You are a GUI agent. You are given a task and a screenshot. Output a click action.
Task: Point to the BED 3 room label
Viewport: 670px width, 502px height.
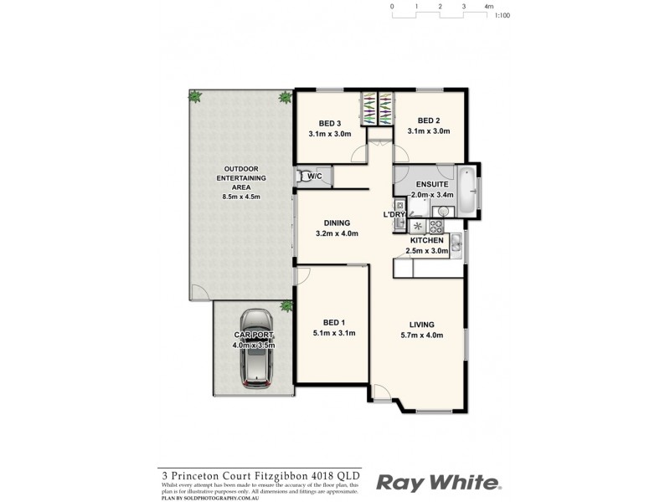coord(329,123)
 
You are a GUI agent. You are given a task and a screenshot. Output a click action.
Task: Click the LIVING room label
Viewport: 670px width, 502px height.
coord(420,325)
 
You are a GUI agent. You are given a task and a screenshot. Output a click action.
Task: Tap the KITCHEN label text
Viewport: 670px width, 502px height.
coord(426,240)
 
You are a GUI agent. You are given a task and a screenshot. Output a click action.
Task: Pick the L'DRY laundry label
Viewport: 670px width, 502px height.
coord(394,214)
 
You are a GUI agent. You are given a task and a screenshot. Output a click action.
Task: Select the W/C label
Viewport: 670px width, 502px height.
coord(315,177)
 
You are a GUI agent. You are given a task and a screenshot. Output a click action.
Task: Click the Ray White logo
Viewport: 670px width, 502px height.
coord(438,482)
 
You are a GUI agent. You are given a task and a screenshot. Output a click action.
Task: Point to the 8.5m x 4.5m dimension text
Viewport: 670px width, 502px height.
coord(241,197)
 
